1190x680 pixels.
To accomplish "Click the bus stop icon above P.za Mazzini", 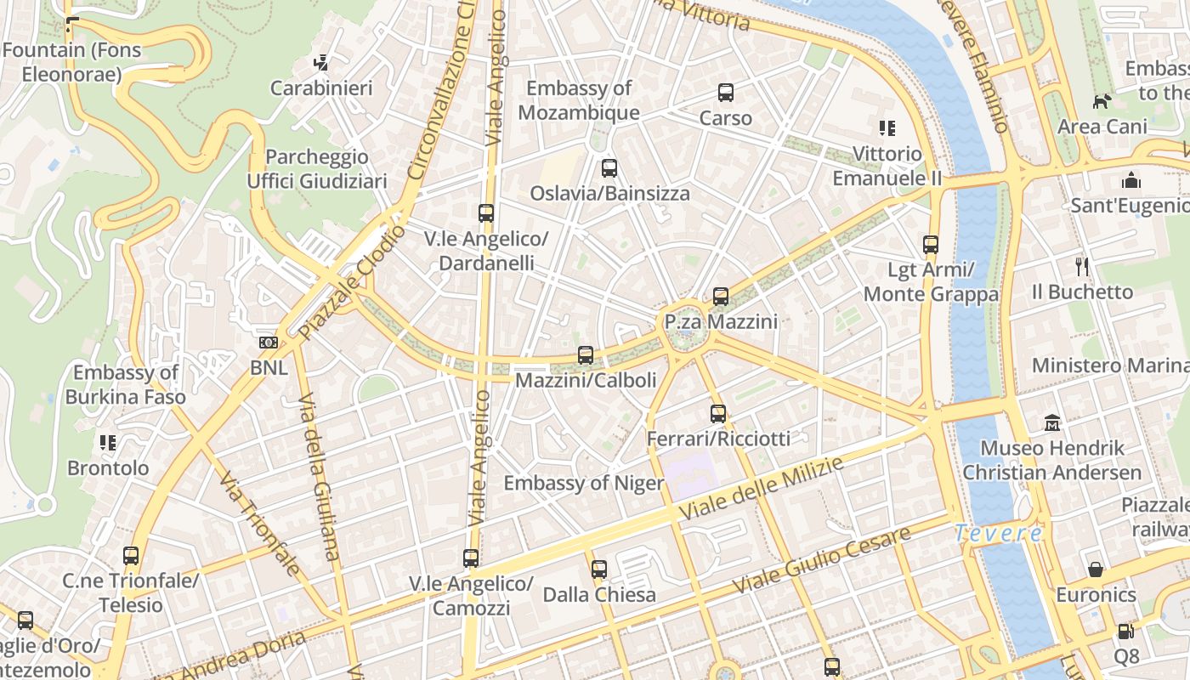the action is click(x=721, y=297).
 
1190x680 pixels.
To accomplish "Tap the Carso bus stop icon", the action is click(x=726, y=93).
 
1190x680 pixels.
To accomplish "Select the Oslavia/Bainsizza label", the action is click(x=609, y=193).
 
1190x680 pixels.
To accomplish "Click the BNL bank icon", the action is click(x=269, y=343).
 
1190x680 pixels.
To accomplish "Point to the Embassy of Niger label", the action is click(x=583, y=483).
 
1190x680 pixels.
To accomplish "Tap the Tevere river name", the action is click(x=998, y=534).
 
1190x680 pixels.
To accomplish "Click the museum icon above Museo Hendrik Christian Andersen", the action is click(x=1052, y=422).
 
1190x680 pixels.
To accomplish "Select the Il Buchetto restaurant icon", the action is click(x=1082, y=267).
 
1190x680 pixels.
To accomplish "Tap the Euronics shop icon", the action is click(x=1096, y=569).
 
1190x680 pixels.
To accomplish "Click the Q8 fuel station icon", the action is click(x=1125, y=632).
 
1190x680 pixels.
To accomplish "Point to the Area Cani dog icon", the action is click(x=1102, y=102).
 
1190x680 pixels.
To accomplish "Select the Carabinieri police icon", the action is click(x=321, y=62).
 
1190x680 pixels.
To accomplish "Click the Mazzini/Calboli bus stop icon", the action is click(x=586, y=355).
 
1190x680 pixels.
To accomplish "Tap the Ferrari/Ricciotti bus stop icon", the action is click(x=718, y=414).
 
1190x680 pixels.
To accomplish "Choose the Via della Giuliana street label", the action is click(x=320, y=476).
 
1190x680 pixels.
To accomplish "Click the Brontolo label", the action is click(x=108, y=467).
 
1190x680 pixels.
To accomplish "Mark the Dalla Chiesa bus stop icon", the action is click(x=599, y=569).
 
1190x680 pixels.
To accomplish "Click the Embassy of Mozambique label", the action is click(x=579, y=100).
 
